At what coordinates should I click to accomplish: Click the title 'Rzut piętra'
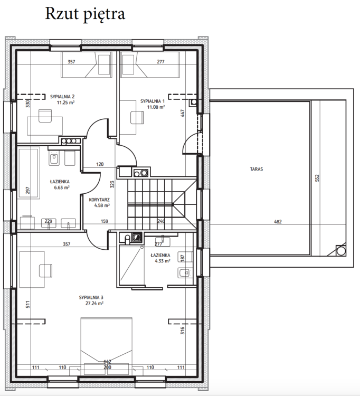[x=85, y=14]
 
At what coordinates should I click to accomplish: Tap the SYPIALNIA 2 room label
[x=62, y=97]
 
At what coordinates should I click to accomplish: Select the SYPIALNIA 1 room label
[x=153, y=101]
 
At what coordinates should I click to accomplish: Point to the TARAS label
[x=257, y=169]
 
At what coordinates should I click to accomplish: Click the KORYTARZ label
[x=99, y=200]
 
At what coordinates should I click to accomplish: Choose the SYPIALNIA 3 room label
[x=91, y=297]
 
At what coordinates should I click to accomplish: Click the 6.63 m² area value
[x=62, y=187]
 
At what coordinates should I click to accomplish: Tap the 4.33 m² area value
[x=163, y=261]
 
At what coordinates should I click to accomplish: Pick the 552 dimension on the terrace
[x=317, y=178]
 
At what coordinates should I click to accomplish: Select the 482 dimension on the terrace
[x=278, y=222]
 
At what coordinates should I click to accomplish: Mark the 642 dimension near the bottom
[x=107, y=362]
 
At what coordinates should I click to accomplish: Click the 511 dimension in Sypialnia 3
[x=28, y=304]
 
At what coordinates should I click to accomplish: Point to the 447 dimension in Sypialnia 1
[x=183, y=113]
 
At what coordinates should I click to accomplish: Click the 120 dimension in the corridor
[x=100, y=164]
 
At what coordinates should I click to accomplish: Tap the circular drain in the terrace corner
[x=340, y=251]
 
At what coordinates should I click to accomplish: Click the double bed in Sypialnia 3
[x=106, y=346]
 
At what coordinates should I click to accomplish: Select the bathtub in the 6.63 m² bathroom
[x=29, y=173]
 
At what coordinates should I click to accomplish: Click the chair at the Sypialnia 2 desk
[x=45, y=116]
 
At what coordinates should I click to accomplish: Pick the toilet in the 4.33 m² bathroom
[x=184, y=273]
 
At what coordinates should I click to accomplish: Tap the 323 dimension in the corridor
[x=112, y=184]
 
